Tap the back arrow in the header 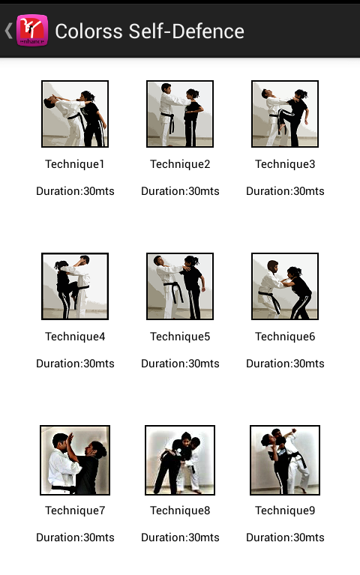[8, 31]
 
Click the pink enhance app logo [32, 31]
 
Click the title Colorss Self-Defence [149, 31]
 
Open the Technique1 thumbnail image [75, 114]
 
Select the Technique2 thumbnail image [180, 114]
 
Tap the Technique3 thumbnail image [285, 114]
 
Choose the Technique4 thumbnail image [75, 286]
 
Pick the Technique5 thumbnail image [180, 286]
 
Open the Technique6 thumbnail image [285, 286]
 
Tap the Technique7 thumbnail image [75, 460]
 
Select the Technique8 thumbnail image [180, 460]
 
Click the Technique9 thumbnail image [285, 460]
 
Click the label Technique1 [75, 164]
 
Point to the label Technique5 [180, 337]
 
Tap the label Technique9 [285, 511]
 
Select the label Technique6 [285, 337]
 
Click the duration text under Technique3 [285, 191]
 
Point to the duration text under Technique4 [75, 364]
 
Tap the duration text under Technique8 [180, 538]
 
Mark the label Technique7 [75, 511]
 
